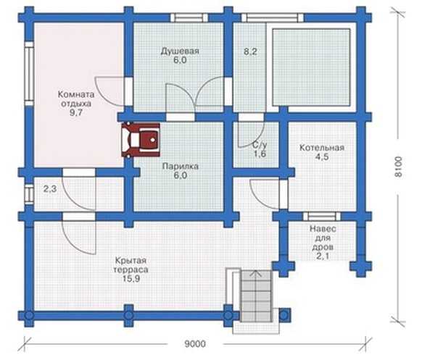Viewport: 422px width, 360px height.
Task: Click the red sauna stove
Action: [x=141, y=140]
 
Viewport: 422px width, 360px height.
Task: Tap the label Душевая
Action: [x=180, y=51]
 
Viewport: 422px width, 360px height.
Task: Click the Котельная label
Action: [x=322, y=148]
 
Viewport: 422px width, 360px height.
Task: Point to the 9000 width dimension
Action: [x=195, y=344]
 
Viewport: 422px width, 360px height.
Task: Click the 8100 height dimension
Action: [x=398, y=167]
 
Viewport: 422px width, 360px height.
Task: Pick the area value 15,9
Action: [x=131, y=279]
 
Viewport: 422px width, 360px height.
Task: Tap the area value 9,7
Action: [x=76, y=113]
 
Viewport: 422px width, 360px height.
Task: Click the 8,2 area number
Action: [x=250, y=51]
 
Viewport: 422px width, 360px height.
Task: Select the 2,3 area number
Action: [x=50, y=189]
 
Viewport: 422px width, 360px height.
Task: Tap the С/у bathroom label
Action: [x=260, y=146]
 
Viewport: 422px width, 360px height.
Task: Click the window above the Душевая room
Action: [x=189, y=17]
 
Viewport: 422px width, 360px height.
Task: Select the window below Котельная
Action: [x=322, y=216]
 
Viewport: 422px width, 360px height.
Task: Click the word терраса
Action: [x=131, y=269]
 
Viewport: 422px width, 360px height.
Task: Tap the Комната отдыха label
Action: [x=76, y=99]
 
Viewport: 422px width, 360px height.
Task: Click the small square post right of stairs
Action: [x=284, y=315]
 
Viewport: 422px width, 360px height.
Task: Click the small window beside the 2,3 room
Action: [x=29, y=193]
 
